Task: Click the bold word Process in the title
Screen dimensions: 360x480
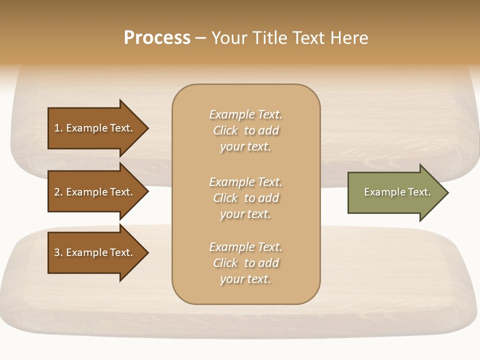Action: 157,38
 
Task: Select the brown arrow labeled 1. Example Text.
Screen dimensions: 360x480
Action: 95,128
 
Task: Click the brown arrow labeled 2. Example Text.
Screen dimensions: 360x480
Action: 95,192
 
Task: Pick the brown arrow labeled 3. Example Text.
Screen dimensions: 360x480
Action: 95,252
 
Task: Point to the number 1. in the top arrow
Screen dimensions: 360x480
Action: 58,128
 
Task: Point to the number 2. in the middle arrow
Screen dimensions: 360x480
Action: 58,192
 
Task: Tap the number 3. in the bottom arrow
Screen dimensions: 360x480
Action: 58,252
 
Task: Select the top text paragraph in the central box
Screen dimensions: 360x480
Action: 245,130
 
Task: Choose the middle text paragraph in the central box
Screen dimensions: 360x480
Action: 245,198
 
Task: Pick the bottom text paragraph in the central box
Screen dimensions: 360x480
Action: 245,263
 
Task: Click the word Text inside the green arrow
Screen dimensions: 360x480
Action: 419,192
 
